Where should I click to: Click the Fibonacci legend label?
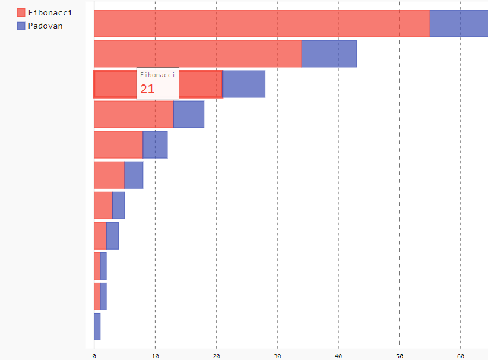tap(50, 12)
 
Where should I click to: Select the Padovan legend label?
tap(45, 26)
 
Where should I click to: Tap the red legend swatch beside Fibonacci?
tap(21, 12)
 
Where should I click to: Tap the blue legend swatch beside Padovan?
tap(21, 26)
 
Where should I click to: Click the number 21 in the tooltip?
tap(147, 89)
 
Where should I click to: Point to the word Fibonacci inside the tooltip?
tap(157, 75)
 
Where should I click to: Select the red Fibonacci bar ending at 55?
tap(261, 23)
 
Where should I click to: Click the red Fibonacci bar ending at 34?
tap(198, 53)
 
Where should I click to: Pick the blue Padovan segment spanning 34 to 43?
tap(329, 53)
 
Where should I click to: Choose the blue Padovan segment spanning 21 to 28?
tap(243, 84)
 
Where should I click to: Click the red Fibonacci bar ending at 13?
tap(134, 114)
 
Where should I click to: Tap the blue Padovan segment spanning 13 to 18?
tap(189, 114)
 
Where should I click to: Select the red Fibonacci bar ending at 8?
tap(118, 144)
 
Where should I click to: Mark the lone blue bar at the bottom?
tap(97, 327)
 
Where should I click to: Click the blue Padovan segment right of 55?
tap(458, 23)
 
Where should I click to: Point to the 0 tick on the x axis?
tap(94, 356)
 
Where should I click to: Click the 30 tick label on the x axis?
tap(277, 356)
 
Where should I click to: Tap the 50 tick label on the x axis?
tap(400, 356)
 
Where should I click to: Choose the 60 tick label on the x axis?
tap(460, 356)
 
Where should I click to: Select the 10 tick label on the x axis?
tap(155, 356)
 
